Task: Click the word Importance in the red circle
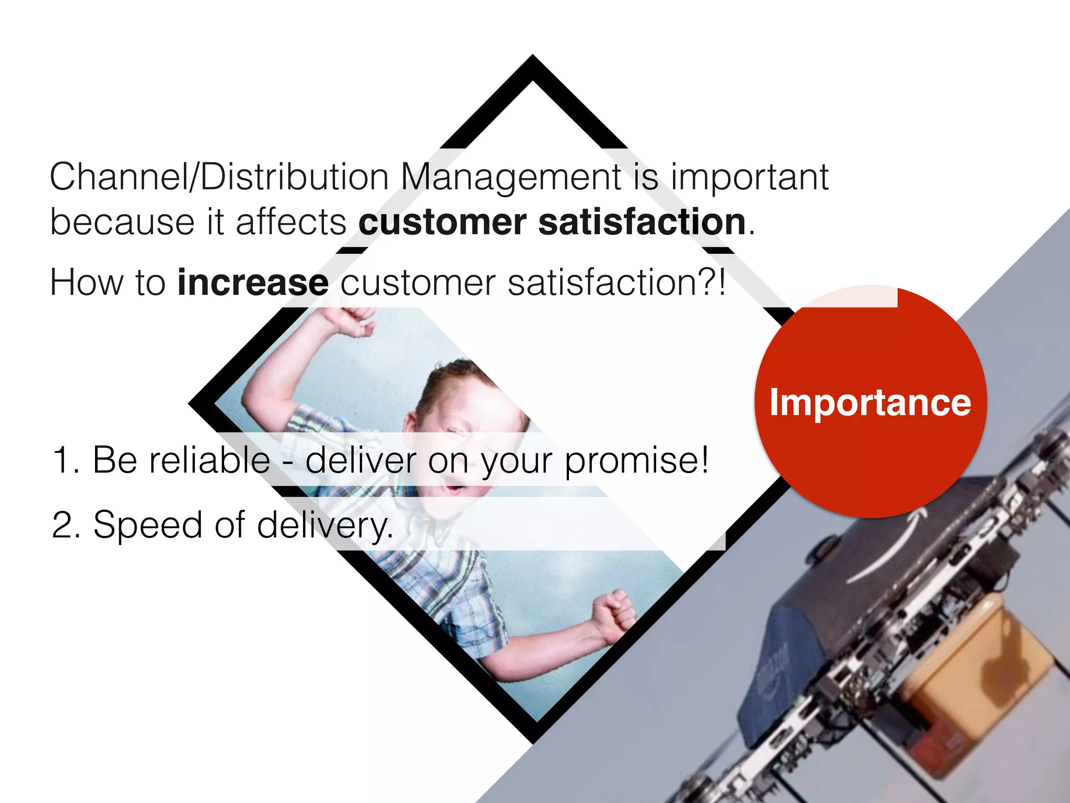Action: [870, 403]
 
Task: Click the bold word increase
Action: [253, 283]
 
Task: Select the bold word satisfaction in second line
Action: [642, 222]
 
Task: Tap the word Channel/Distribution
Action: [219, 177]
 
